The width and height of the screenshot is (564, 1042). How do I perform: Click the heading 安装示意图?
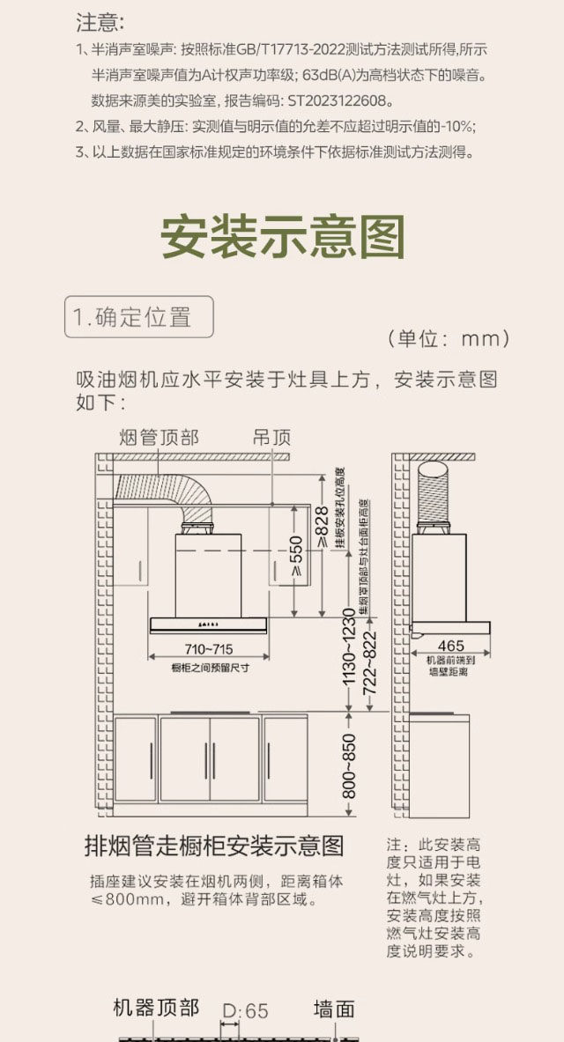coord(282,236)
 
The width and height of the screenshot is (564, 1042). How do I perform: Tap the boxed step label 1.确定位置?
coord(139,317)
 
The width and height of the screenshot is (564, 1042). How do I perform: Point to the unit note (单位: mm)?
coord(449,339)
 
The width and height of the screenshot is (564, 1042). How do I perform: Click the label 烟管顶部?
coord(159,438)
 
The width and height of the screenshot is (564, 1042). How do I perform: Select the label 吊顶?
coord(271,438)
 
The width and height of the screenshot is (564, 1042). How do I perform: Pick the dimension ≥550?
coord(297,556)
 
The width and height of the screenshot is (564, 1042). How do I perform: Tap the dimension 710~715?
coord(209,649)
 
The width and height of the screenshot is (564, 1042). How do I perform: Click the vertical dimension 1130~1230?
coord(349,647)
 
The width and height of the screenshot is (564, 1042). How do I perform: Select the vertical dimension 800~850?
coord(349,765)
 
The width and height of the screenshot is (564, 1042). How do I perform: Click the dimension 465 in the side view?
coord(450,646)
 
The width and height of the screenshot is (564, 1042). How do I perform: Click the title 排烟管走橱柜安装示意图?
coord(213,846)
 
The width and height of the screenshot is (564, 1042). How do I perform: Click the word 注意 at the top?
coord(100,21)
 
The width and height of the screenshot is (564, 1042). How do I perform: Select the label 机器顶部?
coord(156,1008)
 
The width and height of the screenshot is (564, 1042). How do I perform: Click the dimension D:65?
coord(245,1010)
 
